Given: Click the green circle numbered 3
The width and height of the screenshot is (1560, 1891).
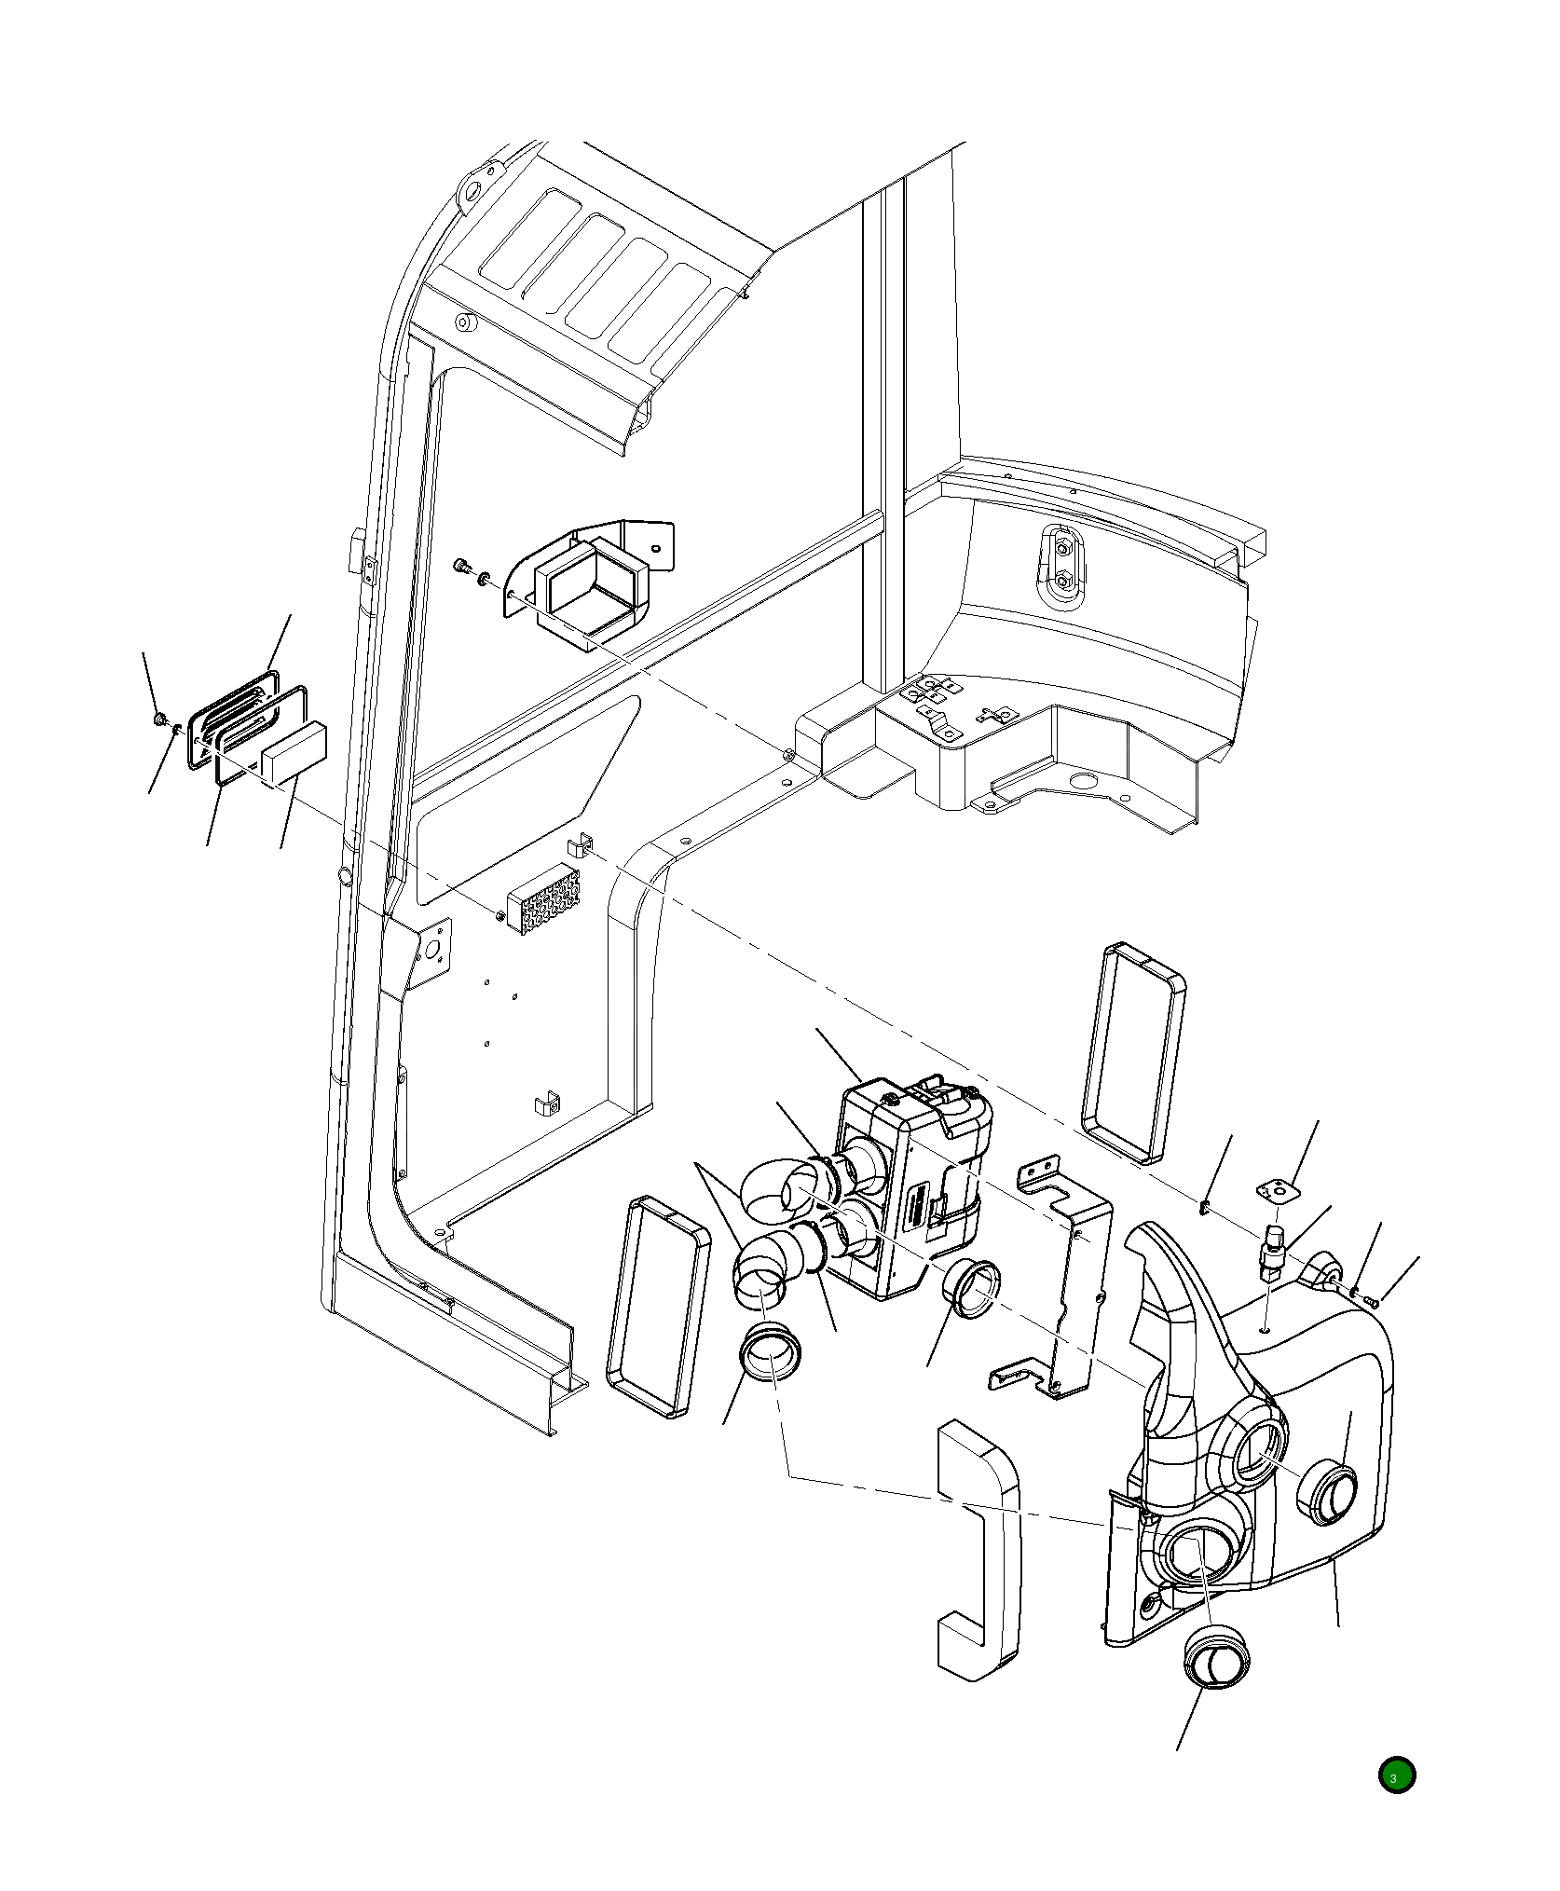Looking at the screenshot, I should (x=1396, y=1775).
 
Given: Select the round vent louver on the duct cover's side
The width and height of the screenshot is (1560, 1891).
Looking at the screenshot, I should (x=1329, y=1493).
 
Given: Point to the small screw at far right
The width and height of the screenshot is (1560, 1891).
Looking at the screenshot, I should (x=1370, y=1299).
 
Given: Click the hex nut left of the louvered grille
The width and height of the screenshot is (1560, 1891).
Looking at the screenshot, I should (x=160, y=719).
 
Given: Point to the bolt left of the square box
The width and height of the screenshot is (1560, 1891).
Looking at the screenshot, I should (x=460, y=565).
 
